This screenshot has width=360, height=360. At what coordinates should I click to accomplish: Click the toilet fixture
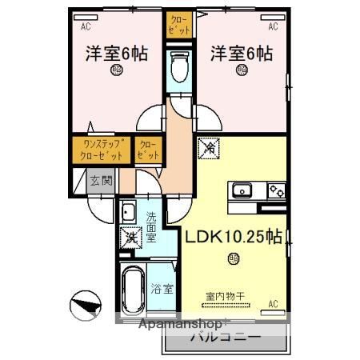(x=180, y=66)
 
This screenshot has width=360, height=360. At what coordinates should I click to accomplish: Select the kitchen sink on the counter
(x=242, y=191)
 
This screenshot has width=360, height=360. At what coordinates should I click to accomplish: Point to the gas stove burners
(x=275, y=191)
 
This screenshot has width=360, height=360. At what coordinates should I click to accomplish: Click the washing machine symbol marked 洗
(x=129, y=238)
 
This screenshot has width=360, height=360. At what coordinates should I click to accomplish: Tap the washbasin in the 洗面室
(x=128, y=212)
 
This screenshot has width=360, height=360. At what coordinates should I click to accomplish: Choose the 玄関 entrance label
(x=101, y=181)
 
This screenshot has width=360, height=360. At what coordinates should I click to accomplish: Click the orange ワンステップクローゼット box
(x=101, y=150)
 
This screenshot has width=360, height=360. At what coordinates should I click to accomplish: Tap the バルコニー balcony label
(x=225, y=338)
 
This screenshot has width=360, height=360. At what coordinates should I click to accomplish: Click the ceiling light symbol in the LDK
(x=233, y=257)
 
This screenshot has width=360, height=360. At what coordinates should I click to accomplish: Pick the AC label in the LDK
(x=273, y=304)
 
